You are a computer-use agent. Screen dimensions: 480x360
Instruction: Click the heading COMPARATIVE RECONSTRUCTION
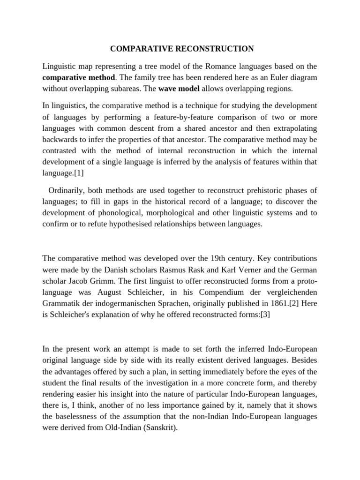coord(182,49)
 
